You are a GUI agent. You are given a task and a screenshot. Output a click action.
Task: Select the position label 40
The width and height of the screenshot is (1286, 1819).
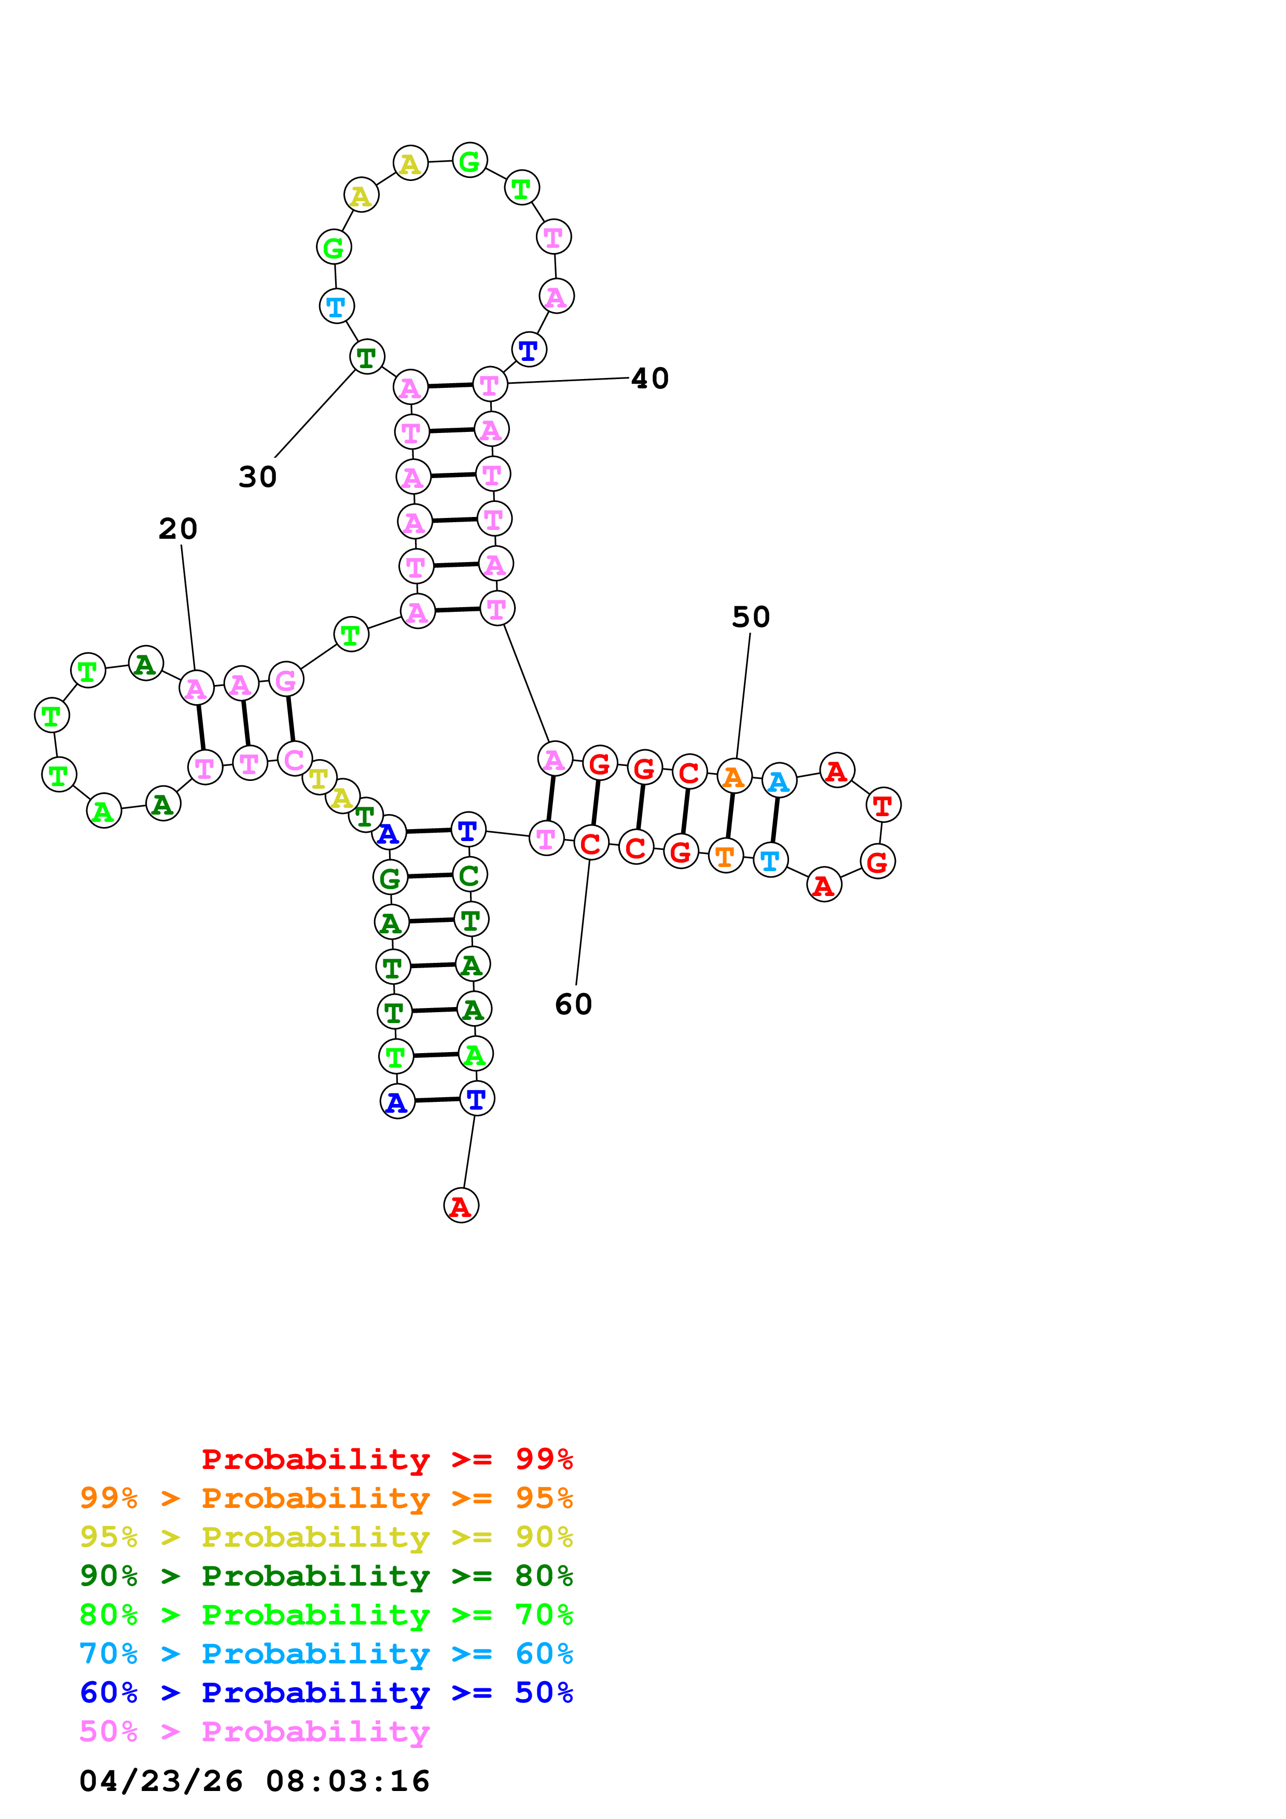(649, 379)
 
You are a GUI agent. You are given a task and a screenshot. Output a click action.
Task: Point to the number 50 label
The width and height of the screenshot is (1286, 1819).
(750, 617)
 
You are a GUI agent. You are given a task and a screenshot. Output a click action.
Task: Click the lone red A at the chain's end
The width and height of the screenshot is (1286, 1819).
(460, 1206)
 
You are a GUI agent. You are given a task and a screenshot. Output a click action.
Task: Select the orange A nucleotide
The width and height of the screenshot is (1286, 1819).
(734, 777)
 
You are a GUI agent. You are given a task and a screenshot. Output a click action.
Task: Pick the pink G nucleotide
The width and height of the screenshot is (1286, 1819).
(286, 680)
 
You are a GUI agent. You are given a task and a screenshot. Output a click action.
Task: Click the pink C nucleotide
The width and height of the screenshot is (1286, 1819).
(294, 760)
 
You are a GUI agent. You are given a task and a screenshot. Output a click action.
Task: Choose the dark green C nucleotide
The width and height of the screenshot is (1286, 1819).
(469, 875)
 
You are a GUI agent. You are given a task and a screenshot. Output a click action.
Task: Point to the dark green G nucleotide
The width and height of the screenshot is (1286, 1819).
(389, 878)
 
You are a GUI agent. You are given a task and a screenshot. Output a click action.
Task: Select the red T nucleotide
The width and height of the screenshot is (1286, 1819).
(883, 806)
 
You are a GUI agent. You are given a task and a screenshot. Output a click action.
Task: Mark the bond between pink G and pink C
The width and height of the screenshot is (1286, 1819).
(290, 719)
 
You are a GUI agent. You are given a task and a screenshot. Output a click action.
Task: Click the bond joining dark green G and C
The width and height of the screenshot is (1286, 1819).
(430, 876)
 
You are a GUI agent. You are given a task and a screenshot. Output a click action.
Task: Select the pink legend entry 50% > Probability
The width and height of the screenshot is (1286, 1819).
(254, 1732)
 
